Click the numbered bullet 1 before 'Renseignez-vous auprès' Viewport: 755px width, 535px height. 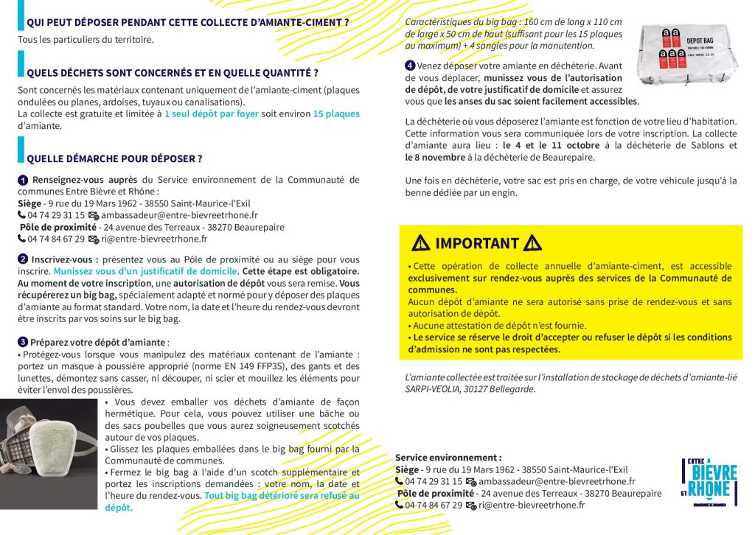[23, 180]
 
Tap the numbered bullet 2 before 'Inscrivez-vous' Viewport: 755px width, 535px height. [23, 260]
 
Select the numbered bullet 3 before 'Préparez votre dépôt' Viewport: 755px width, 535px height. [23, 342]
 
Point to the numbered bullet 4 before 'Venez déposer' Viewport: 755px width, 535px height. [410, 66]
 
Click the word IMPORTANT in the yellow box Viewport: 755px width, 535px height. [477, 243]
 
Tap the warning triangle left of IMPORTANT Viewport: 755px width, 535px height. [421, 242]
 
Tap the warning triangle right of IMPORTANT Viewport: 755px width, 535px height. [532, 242]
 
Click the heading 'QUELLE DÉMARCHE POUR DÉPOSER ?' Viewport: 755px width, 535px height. [114, 158]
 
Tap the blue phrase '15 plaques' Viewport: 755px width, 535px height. [336, 114]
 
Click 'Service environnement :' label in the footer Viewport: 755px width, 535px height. [448, 458]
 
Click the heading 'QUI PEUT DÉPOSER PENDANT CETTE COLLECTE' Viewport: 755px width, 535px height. [187, 23]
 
